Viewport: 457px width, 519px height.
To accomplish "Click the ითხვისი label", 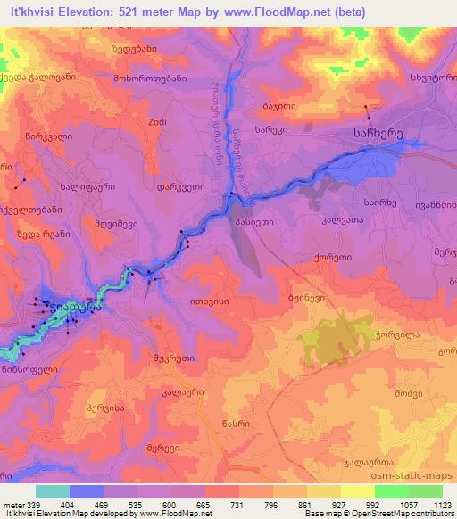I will coord(210,301).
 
